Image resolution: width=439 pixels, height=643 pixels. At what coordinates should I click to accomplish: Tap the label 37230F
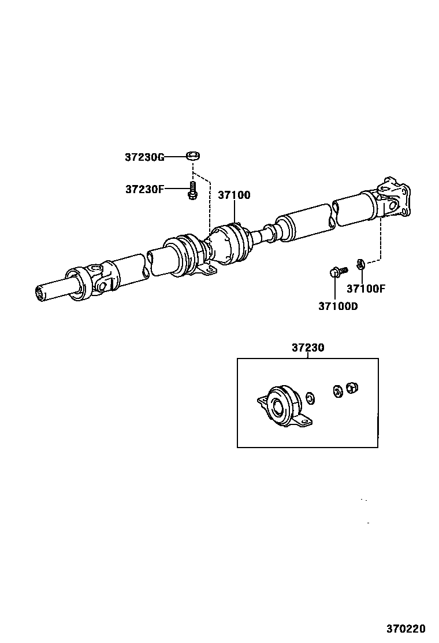(144, 189)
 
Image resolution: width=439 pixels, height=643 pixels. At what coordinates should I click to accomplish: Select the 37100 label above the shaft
(234, 195)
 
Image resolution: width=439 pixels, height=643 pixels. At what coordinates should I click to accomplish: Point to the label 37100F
(365, 289)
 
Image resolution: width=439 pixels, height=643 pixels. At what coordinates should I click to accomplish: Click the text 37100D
(338, 306)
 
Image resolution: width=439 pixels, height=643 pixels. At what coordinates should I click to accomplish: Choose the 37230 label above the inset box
(308, 348)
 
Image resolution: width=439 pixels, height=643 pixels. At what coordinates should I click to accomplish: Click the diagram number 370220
(406, 628)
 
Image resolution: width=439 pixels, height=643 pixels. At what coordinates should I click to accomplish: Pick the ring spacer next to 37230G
(193, 156)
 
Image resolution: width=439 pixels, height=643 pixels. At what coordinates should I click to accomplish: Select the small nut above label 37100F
(360, 265)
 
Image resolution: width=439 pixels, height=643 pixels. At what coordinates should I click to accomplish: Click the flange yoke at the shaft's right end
(395, 200)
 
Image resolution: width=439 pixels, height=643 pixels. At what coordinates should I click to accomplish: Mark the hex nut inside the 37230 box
(351, 387)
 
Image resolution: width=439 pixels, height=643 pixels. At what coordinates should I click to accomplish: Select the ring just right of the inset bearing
(310, 397)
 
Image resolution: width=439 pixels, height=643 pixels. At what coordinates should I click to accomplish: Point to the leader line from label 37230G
(176, 156)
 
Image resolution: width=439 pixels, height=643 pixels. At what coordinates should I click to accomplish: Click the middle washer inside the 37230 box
(336, 391)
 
